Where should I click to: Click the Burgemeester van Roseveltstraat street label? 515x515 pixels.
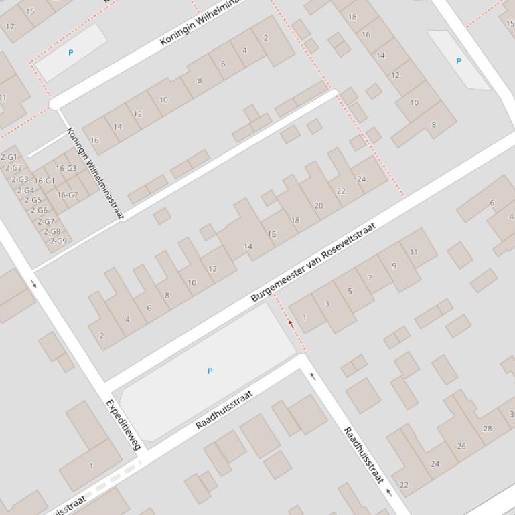point(313,263)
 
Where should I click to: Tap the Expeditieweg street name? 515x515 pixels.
point(124,425)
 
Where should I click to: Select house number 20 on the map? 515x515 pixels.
point(318,206)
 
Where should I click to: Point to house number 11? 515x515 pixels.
point(414,252)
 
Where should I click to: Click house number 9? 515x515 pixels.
point(394,266)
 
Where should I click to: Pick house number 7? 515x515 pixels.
point(370,278)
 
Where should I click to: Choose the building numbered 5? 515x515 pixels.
point(350,291)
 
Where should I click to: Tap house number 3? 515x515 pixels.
point(327,304)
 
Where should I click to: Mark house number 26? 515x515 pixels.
point(461,446)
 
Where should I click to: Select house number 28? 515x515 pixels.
point(487,429)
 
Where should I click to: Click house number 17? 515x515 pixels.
point(9,27)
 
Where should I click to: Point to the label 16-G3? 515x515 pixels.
point(66,168)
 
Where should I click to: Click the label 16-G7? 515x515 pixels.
point(67,195)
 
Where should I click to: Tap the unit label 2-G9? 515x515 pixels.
point(58,241)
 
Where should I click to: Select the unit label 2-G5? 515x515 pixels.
point(33,200)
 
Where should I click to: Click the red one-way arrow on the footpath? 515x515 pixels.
point(291,324)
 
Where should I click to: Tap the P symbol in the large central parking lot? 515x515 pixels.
point(210,371)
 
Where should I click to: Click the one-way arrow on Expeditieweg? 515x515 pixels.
point(34,284)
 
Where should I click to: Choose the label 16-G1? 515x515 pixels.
point(44,181)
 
